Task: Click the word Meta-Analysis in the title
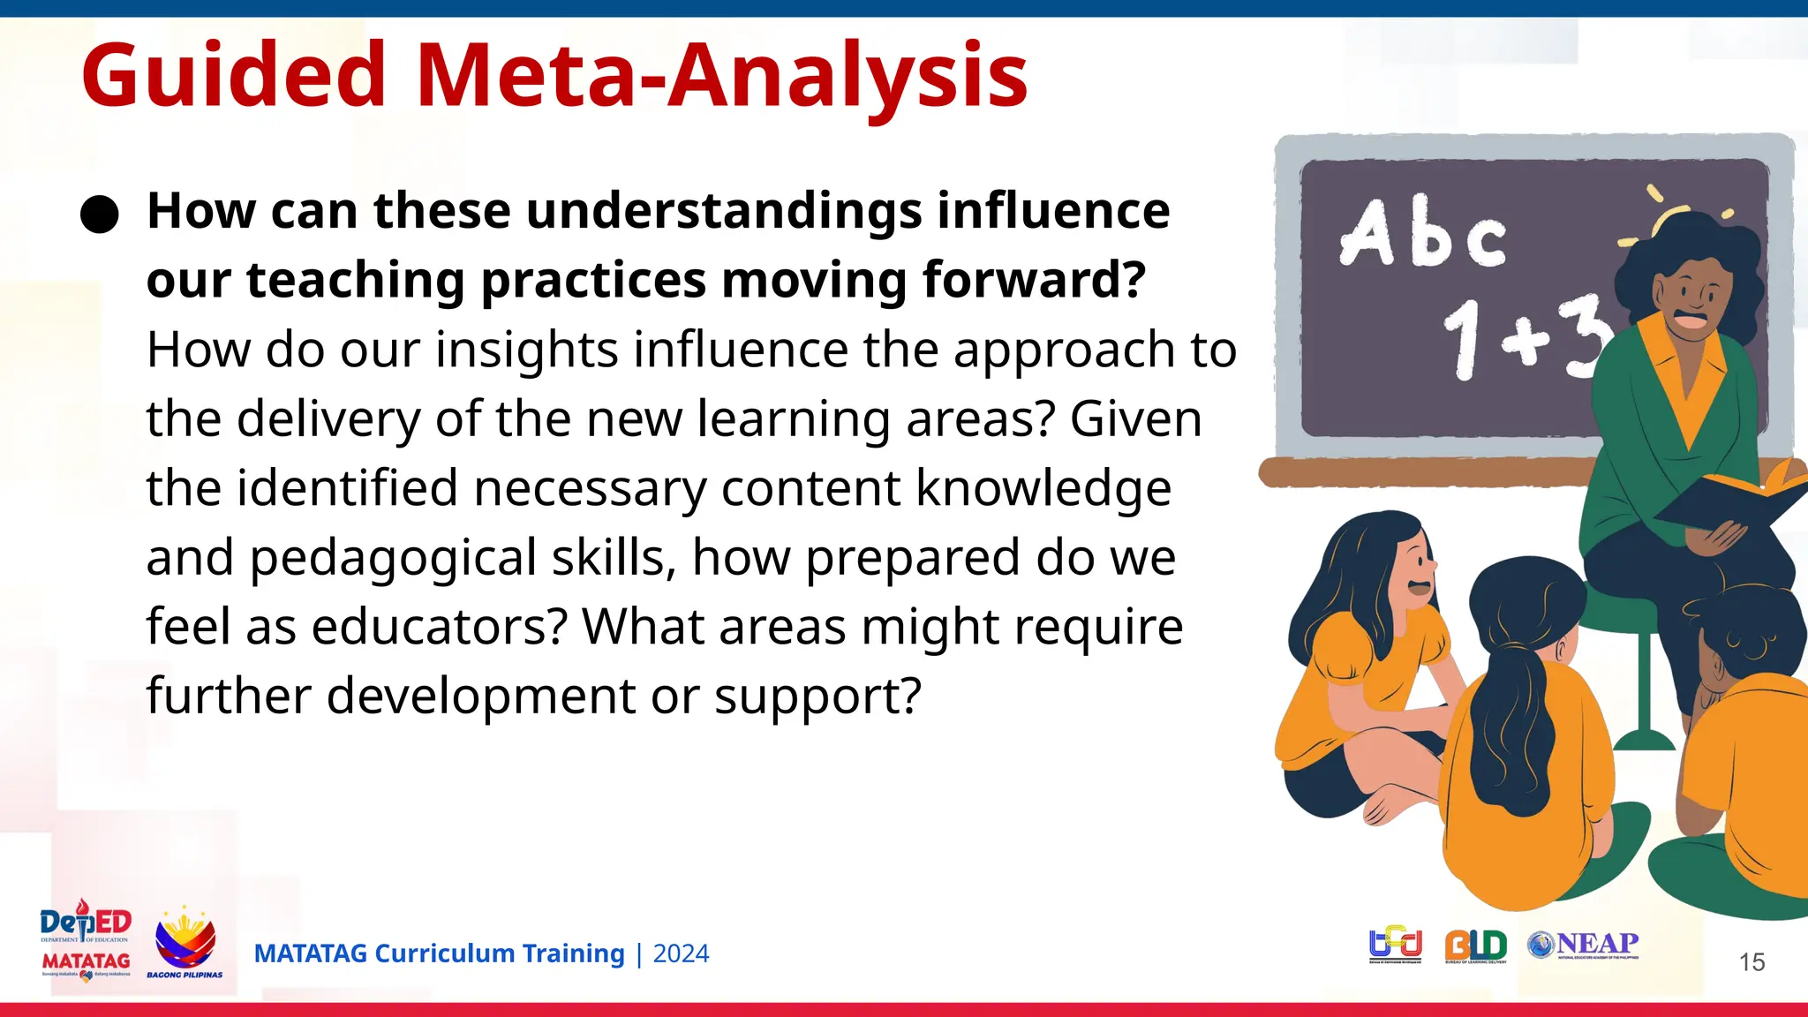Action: click(x=721, y=76)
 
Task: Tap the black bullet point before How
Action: click(x=99, y=215)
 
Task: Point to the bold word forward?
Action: click(x=1034, y=281)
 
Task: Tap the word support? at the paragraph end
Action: click(x=817, y=697)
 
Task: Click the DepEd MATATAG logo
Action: click(x=86, y=942)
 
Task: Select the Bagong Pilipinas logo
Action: click(x=185, y=943)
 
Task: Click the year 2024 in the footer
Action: click(x=681, y=954)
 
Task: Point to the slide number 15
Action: click(x=1751, y=962)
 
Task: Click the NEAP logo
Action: click(x=1585, y=945)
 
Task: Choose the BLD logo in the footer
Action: click(x=1476, y=946)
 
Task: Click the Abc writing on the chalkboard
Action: click(x=1423, y=234)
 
